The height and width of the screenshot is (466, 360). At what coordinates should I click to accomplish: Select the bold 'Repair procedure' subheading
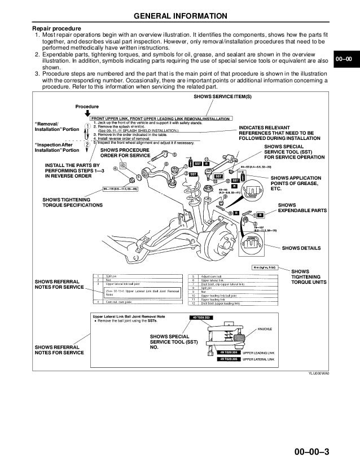click(56, 28)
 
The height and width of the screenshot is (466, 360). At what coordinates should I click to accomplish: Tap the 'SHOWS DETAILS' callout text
click(301, 248)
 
